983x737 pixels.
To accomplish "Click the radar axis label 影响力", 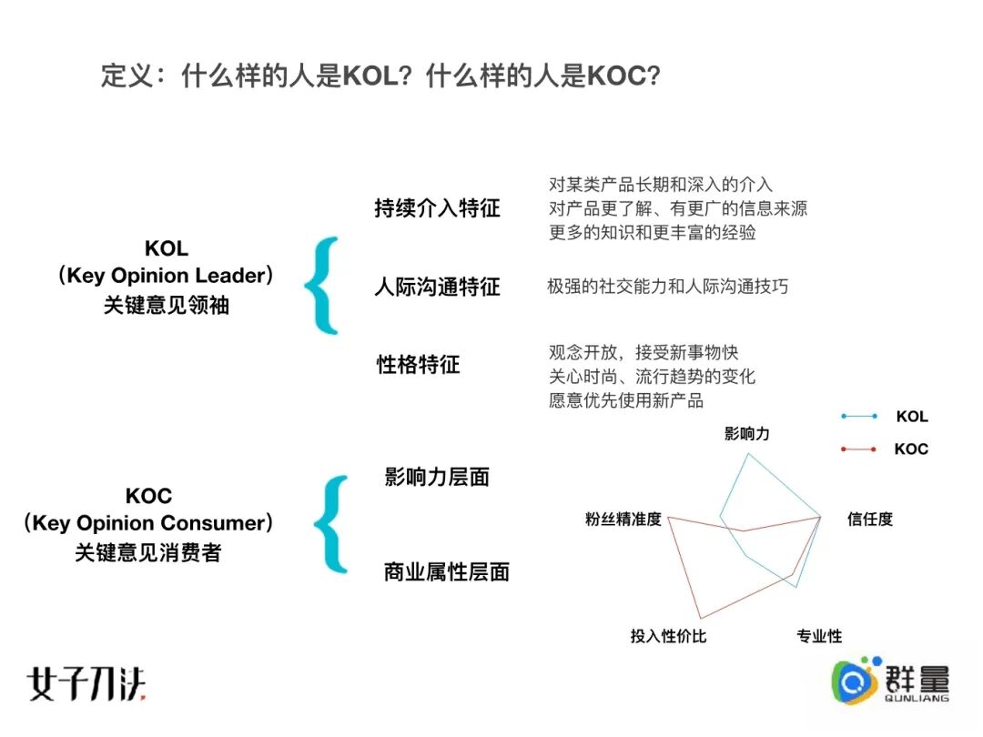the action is tap(746, 434).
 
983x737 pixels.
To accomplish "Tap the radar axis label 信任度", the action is tap(869, 520).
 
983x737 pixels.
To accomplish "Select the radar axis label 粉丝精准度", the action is tap(623, 520).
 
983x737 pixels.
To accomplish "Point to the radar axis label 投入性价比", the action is tap(668, 636).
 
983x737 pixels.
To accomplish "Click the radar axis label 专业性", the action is tap(819, 636).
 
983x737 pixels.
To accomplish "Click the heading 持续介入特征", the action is tap(437, 208).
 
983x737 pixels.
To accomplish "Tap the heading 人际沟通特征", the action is tap(437, 288).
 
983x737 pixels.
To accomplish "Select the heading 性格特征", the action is tap(419, 365).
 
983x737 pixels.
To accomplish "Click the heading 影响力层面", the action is tap(437, 477).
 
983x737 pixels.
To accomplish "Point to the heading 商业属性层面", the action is tap(446, 572).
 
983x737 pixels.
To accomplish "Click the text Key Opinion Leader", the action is tap(166, 276).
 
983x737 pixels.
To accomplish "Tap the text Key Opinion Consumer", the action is tap(148, 523).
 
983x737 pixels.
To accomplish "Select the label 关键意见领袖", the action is tap(166, 305).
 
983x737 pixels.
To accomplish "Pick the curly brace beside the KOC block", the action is tap(330, 524).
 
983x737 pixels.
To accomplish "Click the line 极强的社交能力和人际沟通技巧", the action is tap(667, 287).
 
